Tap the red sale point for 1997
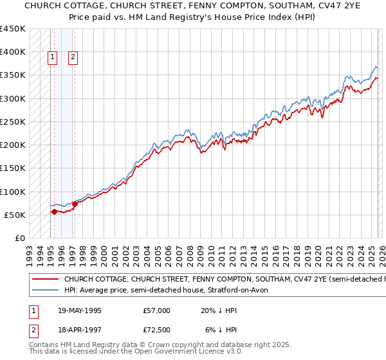point(75,204)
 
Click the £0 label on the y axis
point(19,238)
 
